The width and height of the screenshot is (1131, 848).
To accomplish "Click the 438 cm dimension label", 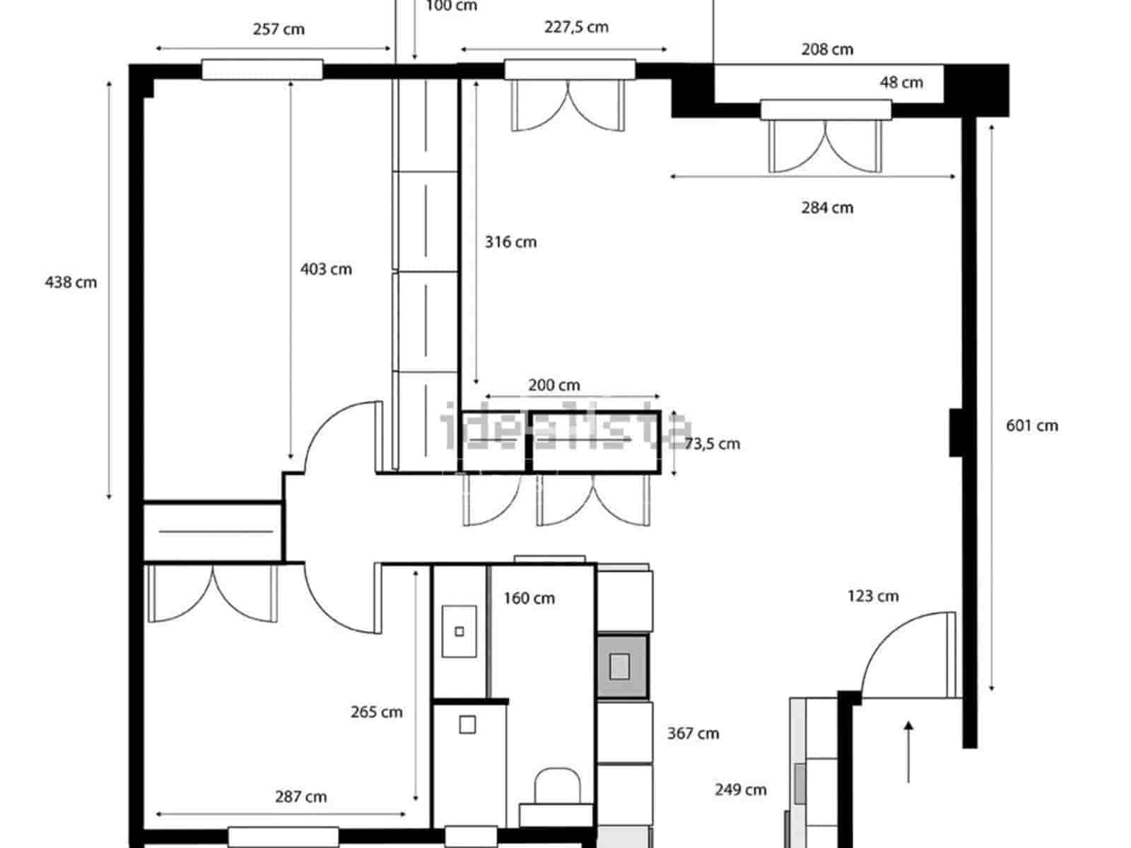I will coord(71,283).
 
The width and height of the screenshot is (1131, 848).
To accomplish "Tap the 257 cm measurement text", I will coord(279,30).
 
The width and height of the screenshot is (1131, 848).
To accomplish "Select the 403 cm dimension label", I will coord(326,269).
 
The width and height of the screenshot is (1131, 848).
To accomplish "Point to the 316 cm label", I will coord(510,242).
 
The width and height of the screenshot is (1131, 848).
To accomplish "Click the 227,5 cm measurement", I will coord(576,28).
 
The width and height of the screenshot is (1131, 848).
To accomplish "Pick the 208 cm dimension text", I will coord(827,49).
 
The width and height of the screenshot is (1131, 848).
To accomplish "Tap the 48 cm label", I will coord(901,83).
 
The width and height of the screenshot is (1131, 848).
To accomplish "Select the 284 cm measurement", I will coord(827,208).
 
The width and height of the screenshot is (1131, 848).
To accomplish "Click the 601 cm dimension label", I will coord(1032,425).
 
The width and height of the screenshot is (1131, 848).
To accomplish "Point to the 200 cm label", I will coord(553,386).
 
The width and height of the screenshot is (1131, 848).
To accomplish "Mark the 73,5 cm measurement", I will coord(712,444).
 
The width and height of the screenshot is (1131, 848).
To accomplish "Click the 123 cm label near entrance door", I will coord(873,596).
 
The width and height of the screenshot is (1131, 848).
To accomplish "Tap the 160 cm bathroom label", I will coord(529,599).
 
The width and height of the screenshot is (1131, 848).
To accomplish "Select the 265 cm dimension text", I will coord(376,712).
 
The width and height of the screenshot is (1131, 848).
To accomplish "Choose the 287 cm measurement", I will coord(300,797).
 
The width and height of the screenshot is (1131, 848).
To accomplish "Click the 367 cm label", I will coord(693,734).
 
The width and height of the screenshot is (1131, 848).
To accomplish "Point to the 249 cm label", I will coord(740,790).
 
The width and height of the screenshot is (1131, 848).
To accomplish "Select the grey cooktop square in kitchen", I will coord(620,666).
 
